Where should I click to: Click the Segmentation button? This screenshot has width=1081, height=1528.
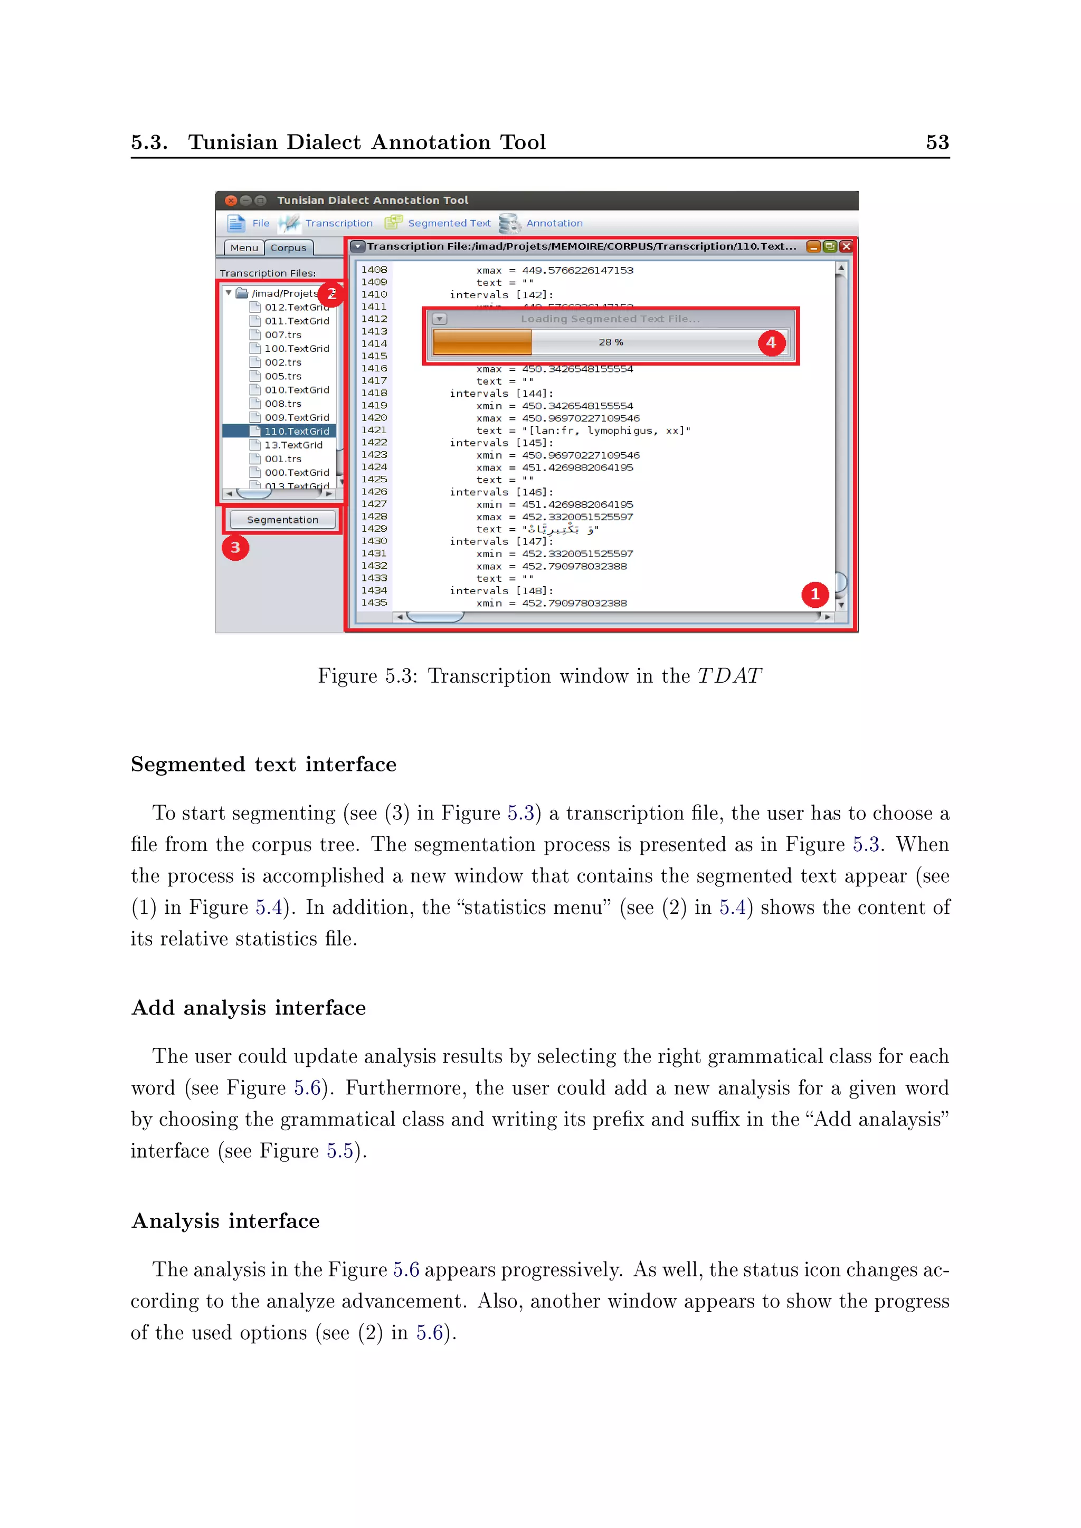point(282,520)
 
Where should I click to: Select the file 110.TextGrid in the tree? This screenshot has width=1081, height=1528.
point(296,431)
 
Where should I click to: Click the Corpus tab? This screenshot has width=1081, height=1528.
point(288,247)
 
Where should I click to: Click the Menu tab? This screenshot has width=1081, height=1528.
point(244,247)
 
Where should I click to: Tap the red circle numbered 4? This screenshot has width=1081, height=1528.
point(771,343)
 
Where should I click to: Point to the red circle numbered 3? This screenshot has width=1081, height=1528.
point(235,548)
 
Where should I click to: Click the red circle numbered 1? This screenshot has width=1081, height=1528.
point(815,594)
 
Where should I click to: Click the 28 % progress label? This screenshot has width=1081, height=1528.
point(610,342)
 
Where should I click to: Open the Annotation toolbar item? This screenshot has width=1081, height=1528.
point(554,224)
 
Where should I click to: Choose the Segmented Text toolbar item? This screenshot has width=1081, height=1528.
point(449,224)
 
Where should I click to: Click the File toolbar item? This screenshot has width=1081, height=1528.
point(260,224)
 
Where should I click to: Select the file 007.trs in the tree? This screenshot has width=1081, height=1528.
point(283,335)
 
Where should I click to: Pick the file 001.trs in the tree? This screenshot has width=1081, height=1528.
point(283,459)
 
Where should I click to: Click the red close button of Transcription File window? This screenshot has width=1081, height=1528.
point(846,246)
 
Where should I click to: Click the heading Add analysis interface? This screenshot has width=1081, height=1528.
point(248,1008)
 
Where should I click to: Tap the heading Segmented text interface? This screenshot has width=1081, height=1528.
point(263,764)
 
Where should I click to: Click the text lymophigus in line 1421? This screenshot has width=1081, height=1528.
point(619,431)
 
